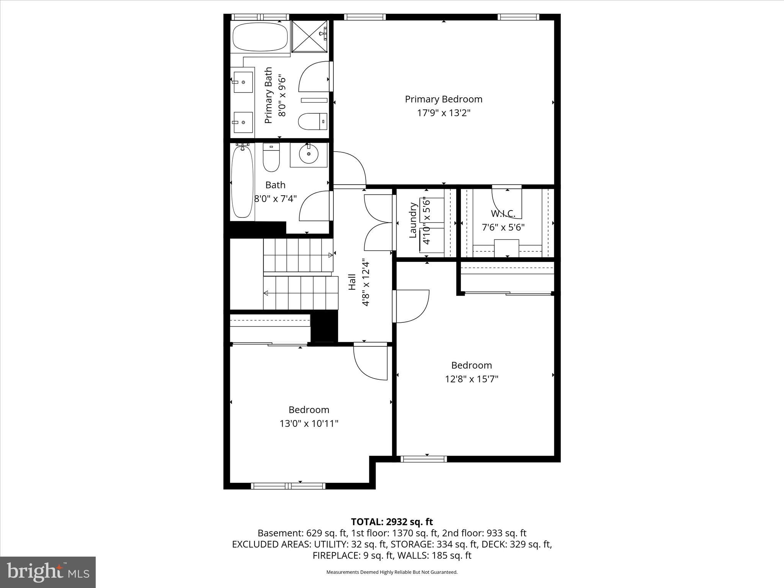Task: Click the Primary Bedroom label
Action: [443, 99]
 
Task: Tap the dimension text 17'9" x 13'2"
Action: [443, 113]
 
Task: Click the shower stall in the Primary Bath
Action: [310, 36]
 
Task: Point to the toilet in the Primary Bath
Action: [312, 121]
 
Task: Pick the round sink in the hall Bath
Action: [309, 155]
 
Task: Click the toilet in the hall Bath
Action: [271, 157]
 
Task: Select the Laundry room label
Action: [413, 220]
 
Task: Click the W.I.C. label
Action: [503, 213]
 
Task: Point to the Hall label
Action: [352, 281]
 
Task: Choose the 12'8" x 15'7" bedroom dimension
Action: [471, 379]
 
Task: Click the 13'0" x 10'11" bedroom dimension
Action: [309, 423]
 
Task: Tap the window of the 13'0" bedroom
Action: [288, 486]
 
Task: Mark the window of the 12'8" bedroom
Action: [423, 459]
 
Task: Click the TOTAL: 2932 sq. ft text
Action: [392, 522]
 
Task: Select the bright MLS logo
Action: [48, 572]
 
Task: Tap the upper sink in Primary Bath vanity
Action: [243, 82]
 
